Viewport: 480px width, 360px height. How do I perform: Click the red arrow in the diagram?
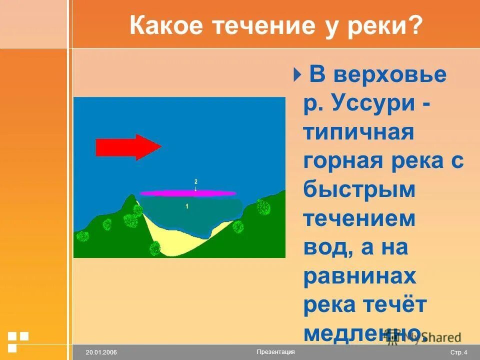(128, 146)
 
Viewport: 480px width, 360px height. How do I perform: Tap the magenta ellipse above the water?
(187, 193)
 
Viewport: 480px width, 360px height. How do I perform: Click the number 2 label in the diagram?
(196, 181)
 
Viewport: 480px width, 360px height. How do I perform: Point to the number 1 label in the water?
(186, 206)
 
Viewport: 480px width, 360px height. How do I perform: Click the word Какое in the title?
(163, 25)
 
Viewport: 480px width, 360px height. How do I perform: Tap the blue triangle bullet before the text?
(297, 75)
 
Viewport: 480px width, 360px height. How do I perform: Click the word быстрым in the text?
(359, 191)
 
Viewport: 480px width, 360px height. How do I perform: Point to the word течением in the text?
(359, 219)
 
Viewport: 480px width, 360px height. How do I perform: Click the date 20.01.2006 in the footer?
(101, 352)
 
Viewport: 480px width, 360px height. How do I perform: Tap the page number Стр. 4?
(458, 352)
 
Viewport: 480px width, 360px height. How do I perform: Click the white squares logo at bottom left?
(18, 340)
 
